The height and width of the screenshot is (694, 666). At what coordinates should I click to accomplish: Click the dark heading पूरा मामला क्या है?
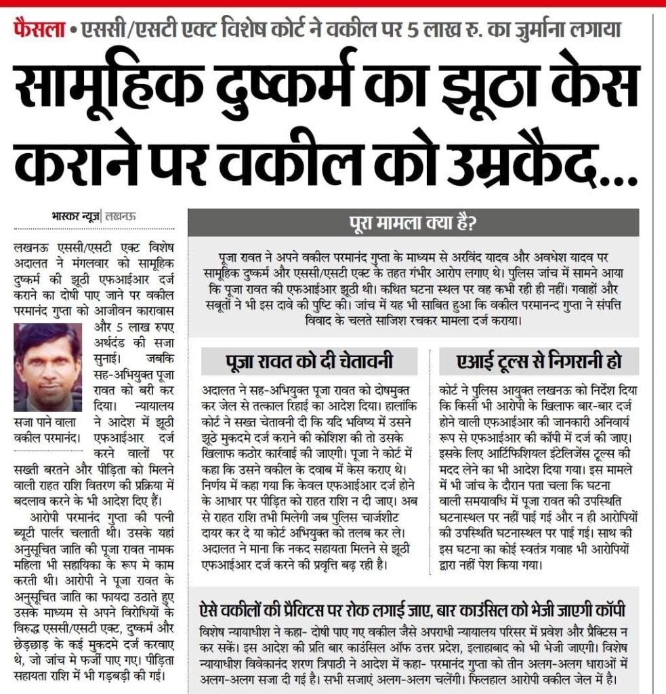click(413, 222)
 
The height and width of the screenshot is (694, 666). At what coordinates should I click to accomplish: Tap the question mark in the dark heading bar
click(476, 222)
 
